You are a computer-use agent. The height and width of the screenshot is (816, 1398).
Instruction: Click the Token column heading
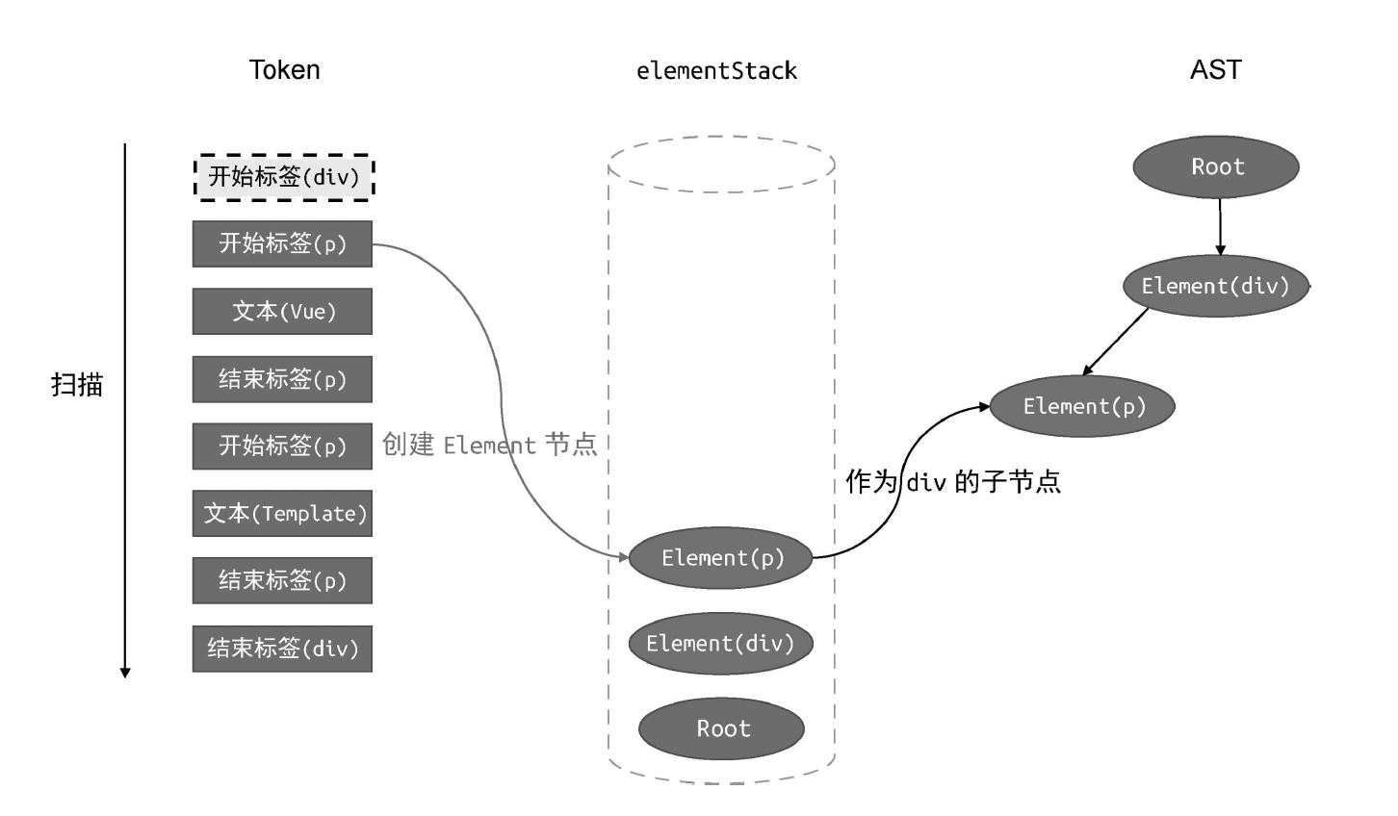(x=284, y=70)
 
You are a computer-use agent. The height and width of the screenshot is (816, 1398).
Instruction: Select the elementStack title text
(x=716, y=71)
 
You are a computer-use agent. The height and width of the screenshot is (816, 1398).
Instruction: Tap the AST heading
(x=1215, y=70)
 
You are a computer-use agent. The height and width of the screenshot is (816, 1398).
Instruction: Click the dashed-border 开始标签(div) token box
(x=284, y=177)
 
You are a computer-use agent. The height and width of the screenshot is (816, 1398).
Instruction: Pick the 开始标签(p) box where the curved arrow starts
(x=282, y=243)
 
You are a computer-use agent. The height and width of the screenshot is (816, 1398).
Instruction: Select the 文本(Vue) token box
(x=282, y=312)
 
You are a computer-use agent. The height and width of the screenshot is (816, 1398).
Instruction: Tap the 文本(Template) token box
(x=282, y=514)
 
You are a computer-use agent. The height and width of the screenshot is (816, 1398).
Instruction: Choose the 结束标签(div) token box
(x=282, y=649)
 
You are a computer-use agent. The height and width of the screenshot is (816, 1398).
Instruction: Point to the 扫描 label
(x=77, y=385)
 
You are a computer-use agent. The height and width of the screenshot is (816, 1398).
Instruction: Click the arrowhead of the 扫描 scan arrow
(x=125, y=672)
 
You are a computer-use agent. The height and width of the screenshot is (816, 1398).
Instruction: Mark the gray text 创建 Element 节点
(x=489, y=445)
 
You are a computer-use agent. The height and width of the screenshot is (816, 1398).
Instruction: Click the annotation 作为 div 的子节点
(x=953, y=481)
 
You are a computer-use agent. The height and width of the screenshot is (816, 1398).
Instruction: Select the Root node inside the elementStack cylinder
(x=721, y=728)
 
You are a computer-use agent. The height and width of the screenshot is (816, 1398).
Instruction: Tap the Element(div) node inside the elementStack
(x=720, y=644)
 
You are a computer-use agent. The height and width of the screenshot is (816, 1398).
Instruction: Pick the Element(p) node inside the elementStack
(x=721, y=558)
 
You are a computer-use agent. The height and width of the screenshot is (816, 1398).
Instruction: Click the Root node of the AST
(x=1216, y=166)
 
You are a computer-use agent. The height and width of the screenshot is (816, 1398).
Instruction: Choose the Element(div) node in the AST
(x=1215, y=286)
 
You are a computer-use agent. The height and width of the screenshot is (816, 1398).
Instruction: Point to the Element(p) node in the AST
(x=1083, y=406)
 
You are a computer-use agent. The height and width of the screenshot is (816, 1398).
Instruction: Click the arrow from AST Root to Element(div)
(x=1220, y=226)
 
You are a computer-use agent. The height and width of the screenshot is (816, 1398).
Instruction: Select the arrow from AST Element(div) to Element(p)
(x=1117, y=341)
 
